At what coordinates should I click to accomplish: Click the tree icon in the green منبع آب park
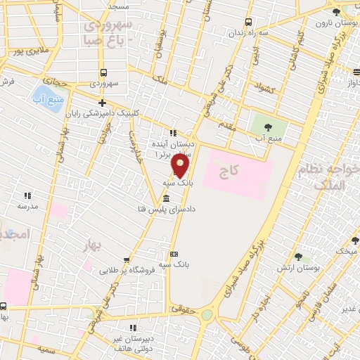[x=268, y=127]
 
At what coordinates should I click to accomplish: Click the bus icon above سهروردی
[x=104, y=72]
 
